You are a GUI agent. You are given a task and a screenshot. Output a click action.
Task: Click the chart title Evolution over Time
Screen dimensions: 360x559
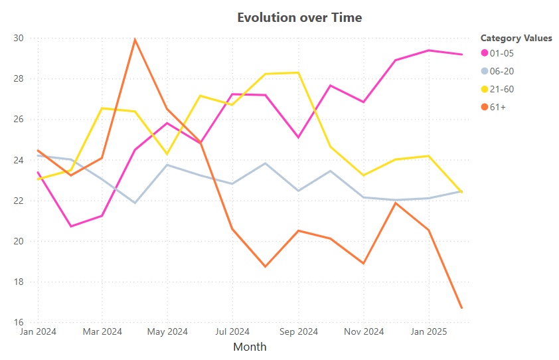[299, 18]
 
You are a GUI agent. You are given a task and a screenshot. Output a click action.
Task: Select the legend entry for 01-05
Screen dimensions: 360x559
[501, 53]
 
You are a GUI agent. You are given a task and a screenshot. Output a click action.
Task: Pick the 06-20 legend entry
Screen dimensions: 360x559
[501, 71]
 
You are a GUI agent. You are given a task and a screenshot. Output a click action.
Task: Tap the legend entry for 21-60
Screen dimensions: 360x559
[501, 89]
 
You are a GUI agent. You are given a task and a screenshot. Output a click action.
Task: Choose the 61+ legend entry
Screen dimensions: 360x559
[497, 107]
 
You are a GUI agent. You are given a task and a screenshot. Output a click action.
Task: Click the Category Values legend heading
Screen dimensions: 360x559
[516, 38]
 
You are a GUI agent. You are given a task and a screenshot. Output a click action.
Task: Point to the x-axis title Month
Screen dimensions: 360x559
[250, 347]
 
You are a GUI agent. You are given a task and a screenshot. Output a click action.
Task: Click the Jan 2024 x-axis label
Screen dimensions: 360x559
[38, 331]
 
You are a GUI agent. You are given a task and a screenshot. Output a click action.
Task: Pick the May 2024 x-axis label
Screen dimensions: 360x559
[167, 331]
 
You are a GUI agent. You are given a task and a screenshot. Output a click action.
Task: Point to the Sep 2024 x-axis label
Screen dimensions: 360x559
[298, 331]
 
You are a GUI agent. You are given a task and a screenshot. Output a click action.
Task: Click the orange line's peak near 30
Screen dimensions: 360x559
[135, 39]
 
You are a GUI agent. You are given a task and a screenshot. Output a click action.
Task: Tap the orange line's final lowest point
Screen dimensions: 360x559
[461, 308]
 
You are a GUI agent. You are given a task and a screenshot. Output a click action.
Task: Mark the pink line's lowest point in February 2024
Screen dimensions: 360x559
[70, 226]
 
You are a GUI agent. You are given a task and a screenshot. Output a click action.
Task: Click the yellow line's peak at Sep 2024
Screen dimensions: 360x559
[298, 72]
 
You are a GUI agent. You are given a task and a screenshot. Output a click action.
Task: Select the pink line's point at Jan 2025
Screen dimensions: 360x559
[428, 50]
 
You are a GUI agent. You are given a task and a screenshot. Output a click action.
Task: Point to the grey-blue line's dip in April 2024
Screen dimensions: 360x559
[135, 203]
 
